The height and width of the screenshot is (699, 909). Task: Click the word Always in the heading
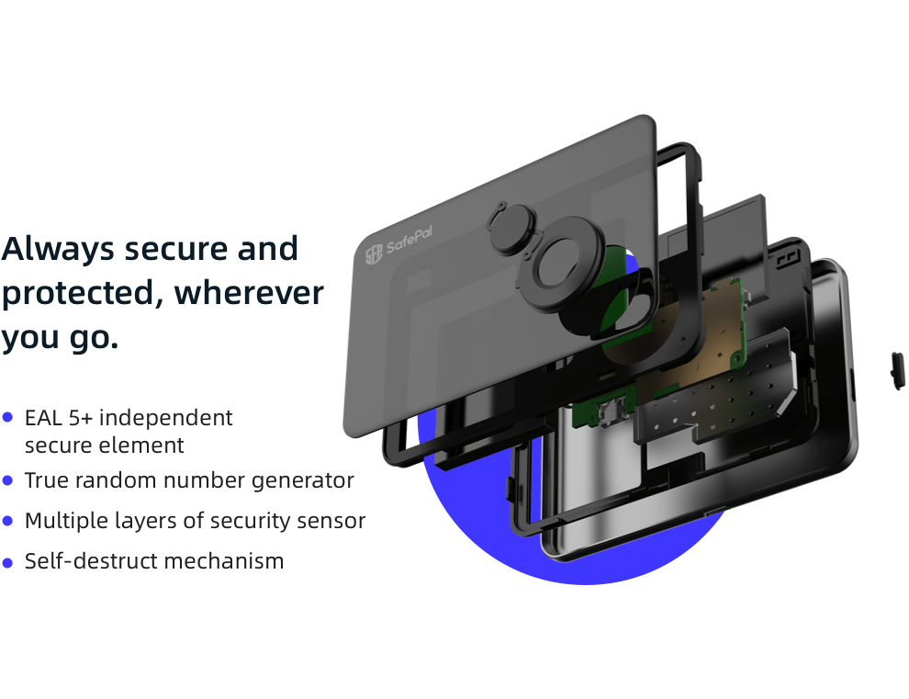click(x=57, y=249)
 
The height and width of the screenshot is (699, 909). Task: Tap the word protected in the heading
click(x=81, y=294)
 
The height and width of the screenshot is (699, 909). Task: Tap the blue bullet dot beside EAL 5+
click(x=8, y=417)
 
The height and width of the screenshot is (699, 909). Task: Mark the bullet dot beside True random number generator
click(x=8, y=479)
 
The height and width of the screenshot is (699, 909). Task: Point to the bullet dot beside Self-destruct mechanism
click(x=8, y=560)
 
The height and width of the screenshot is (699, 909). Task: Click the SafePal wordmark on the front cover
click(x=410, y=244)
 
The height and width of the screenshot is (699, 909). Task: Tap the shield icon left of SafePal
click(x=374, y=255)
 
